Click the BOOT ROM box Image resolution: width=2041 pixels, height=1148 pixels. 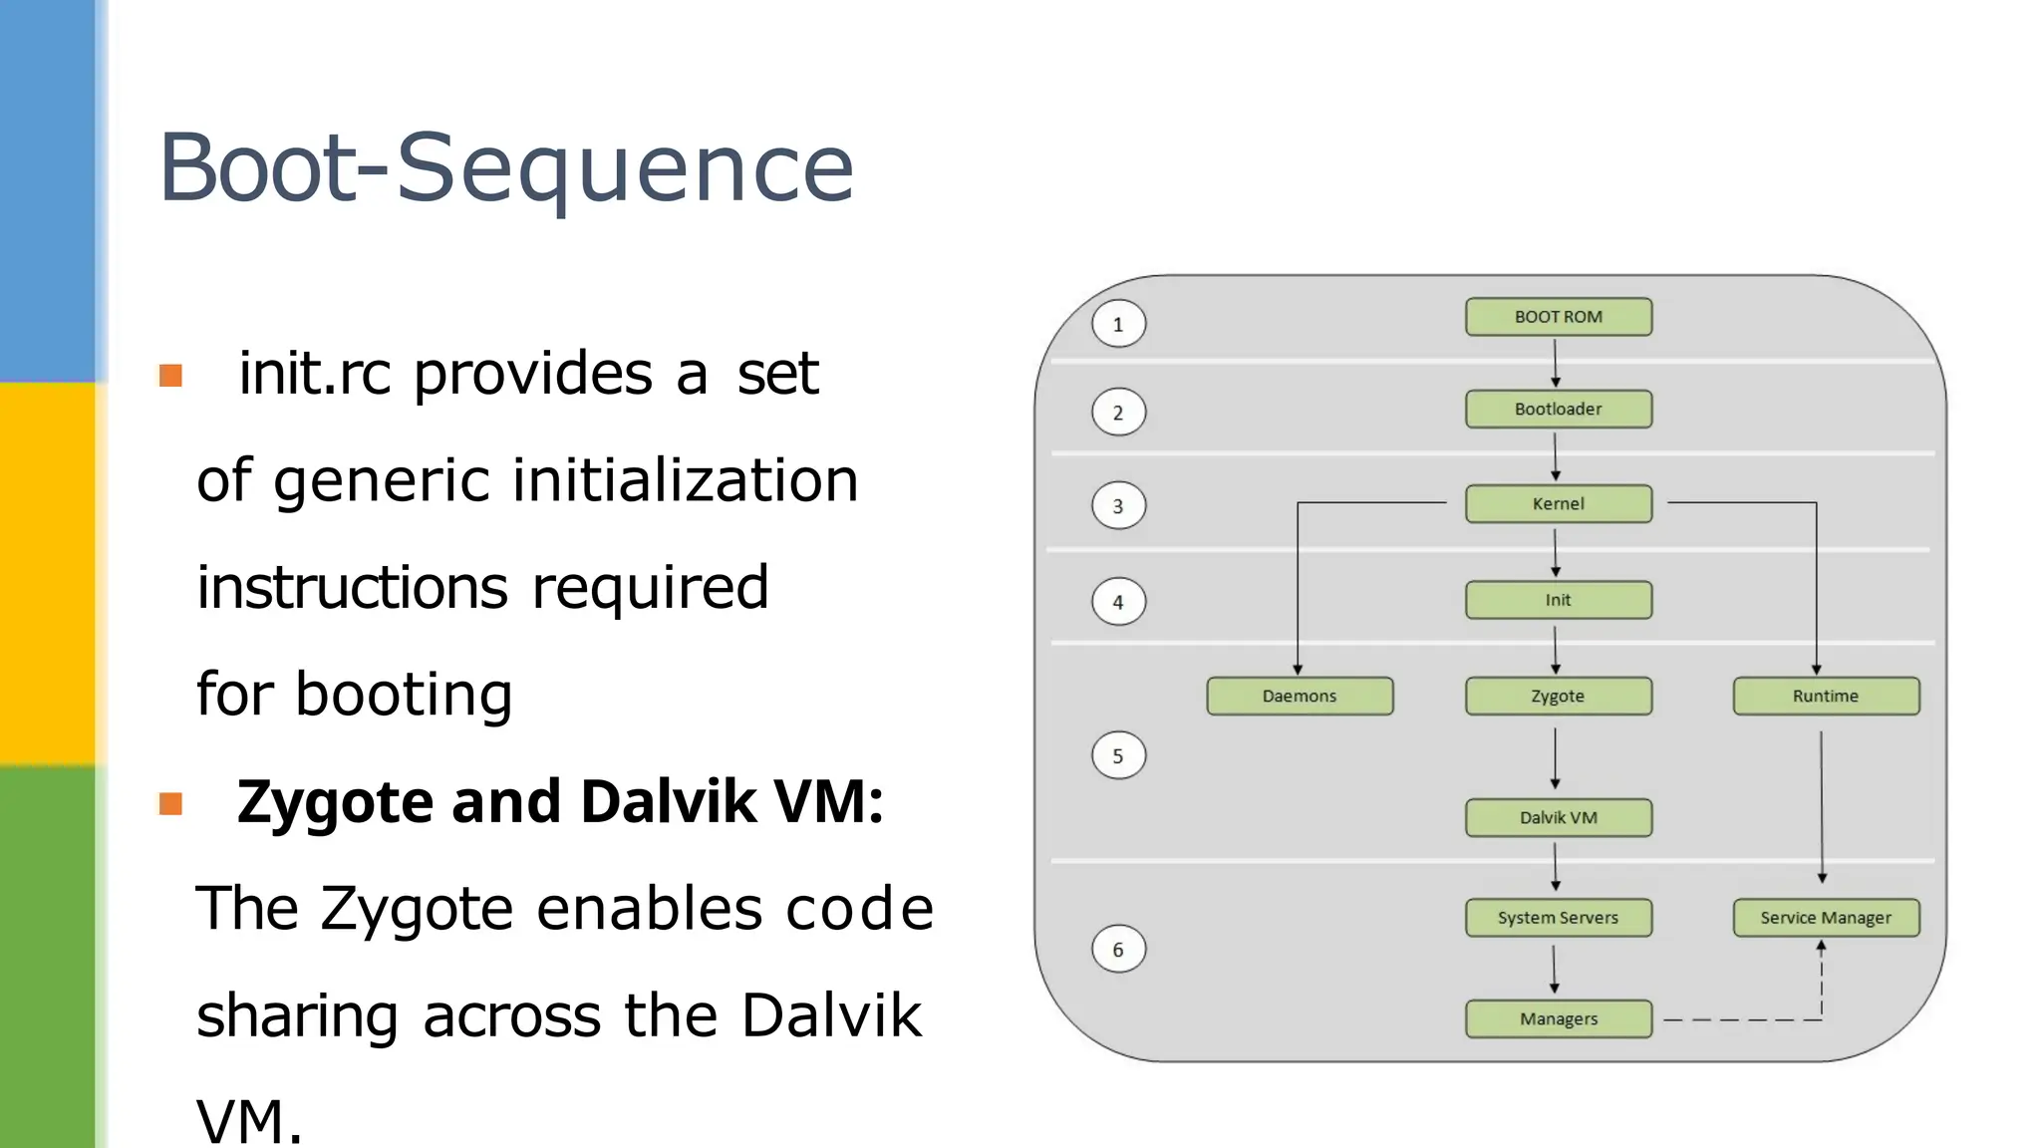pos(1558,317)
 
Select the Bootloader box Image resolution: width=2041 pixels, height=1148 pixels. pos(1558,409)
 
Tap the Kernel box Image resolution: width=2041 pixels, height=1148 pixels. pos(1558,503)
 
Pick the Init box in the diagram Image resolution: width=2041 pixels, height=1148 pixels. pos(1558,600)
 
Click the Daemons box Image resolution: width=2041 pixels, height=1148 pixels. pos(1300,696)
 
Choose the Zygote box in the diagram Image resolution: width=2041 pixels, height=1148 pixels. pos(1558,696)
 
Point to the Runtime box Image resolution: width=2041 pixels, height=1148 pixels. pos(1826,696)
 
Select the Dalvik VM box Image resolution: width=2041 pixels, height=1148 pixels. pos(1558,817)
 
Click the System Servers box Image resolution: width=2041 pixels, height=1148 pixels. pos(1558,918)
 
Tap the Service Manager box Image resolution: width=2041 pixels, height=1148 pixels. pos(1826,918)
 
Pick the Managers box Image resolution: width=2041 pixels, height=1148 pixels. pos(1558,1018)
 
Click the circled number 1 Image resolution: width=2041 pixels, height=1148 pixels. pos(1118,324)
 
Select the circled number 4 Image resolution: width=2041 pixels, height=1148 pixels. pos(1118,602)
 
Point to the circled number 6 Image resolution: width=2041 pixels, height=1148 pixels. pos(1118,950)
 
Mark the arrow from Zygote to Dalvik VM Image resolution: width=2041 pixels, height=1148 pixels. pos(1555,757)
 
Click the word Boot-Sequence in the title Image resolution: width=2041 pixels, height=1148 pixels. pos(506,167)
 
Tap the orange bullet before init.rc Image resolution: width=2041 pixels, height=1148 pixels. pos(170,376)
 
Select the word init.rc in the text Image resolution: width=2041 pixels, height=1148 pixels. pos(314,374)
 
